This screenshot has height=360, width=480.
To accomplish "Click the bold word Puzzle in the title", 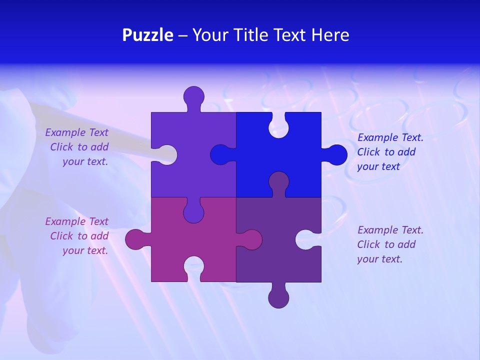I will [x=148, y=35].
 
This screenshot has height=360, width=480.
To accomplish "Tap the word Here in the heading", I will [x=330, y=35].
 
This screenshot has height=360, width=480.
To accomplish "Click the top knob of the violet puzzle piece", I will [x=194, y=96].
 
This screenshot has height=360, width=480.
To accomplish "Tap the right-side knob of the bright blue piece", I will [x=336, y=155].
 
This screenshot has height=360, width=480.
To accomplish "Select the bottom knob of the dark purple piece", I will [x=278, y=297].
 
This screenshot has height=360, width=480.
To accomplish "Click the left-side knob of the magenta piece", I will [x=135, y=239].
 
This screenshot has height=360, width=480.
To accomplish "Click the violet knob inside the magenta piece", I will [x=193, y=212].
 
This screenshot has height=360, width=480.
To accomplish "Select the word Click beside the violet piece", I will [x=62, y=147].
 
